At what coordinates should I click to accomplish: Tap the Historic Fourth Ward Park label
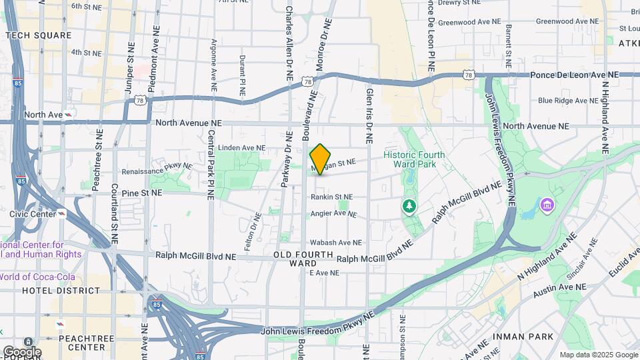click(x=414, y=159)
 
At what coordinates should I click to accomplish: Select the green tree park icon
click(x=408, y=207)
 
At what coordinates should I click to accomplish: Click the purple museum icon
click(x=547, y=203)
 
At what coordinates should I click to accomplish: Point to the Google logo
click(x=21, y=351)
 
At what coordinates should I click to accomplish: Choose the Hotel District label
click(x=61, y=291)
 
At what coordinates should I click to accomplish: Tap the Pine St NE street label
click(x=142, y=193)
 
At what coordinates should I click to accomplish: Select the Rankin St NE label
click(x=331, y=197)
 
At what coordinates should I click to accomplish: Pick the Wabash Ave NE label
click(x=336, y=243)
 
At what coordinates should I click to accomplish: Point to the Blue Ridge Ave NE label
click(x=568, y=101)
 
